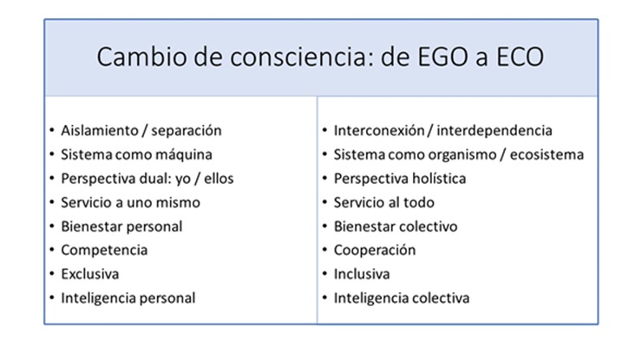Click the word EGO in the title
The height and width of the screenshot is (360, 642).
click(442, 56)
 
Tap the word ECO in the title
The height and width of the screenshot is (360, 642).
click(520, 56)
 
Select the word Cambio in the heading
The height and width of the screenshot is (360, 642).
click(141, 56)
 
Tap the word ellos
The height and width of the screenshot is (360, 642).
click(219, 179)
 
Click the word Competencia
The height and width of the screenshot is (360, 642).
click(104, 250)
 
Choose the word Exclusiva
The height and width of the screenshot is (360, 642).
click(90, 274)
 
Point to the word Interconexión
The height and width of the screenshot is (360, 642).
click(379, 131)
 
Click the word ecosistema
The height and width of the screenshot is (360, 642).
click(547, 154)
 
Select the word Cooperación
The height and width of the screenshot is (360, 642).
click(375, 250)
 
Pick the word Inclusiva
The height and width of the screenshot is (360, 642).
click(362, 274)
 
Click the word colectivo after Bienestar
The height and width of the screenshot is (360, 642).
click(428, 226)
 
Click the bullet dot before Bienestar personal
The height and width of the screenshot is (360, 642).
click(51, 226)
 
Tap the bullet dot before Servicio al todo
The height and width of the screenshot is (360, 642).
click(324, 202)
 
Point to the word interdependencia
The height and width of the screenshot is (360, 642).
click(495, 131)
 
